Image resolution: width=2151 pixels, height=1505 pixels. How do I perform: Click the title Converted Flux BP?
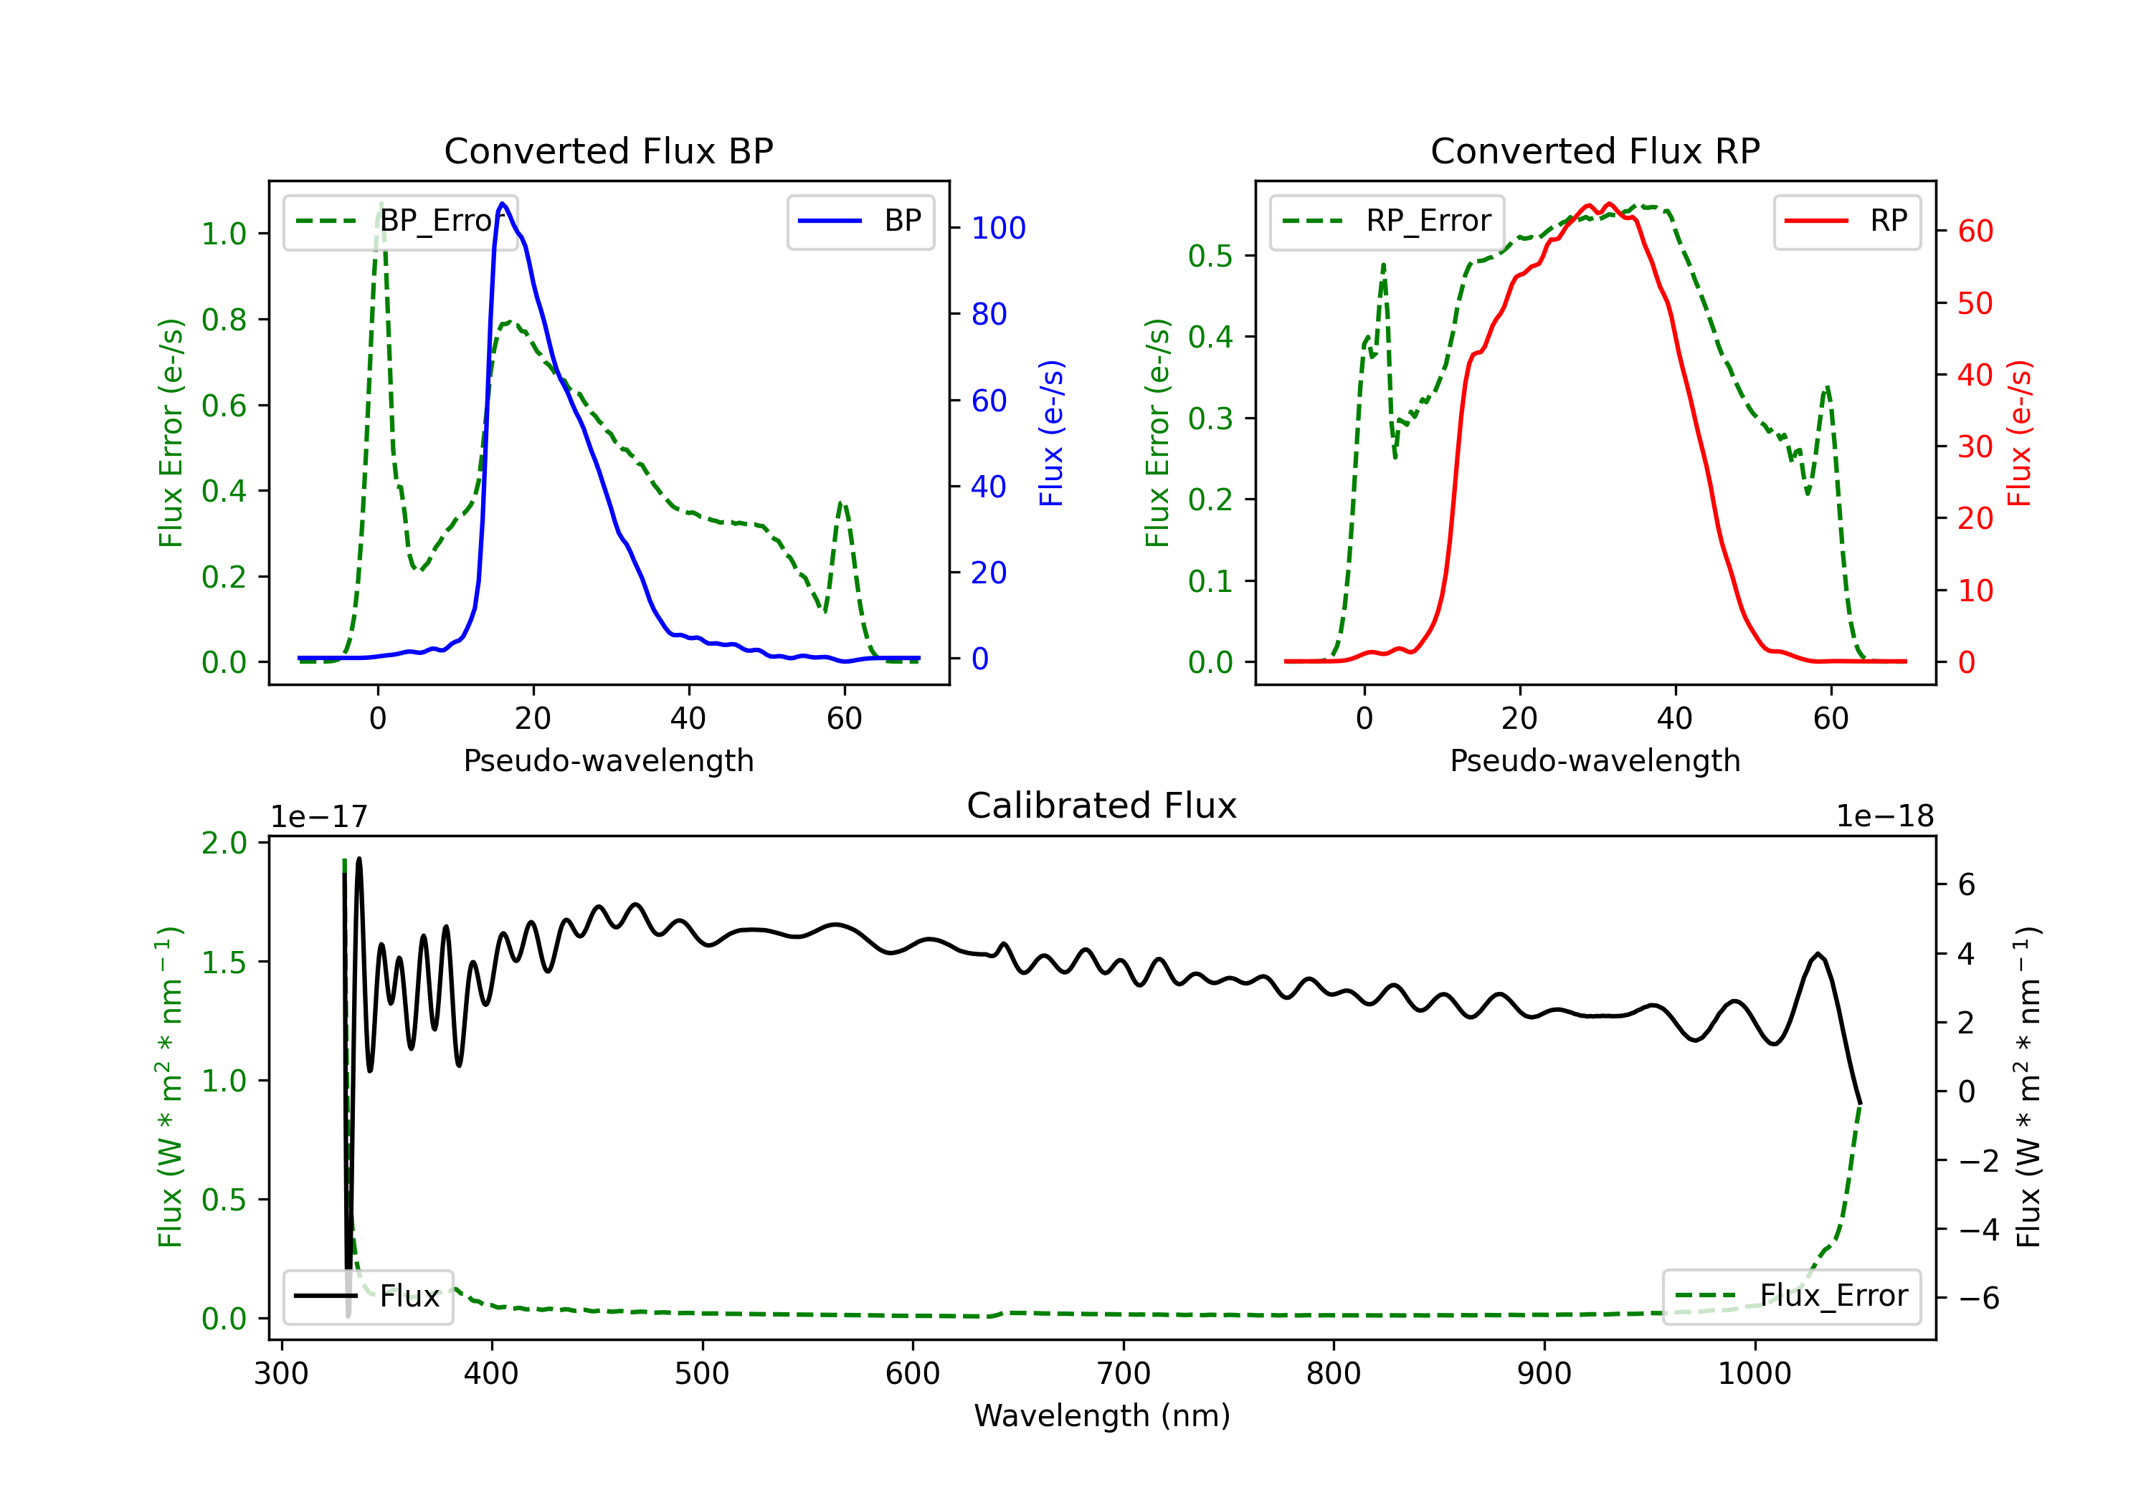(608, 150)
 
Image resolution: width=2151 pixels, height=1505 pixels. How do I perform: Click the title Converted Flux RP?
(1595, 150)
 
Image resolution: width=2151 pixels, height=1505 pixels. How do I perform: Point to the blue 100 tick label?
(998, 228)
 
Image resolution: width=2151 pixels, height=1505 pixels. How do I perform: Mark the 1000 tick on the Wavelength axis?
(1754, 1373)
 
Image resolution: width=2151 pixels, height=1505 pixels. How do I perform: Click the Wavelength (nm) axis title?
(1102, 1415)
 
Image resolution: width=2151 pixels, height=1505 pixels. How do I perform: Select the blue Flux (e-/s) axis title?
(1051, 433)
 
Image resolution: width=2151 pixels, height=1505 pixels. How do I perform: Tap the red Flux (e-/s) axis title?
(2019, 433)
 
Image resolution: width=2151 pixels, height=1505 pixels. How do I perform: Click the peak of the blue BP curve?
(503, 204)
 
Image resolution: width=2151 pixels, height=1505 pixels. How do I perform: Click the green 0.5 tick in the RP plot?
(1210, 256)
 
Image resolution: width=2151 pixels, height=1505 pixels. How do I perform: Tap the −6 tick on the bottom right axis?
(1979, 1298)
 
